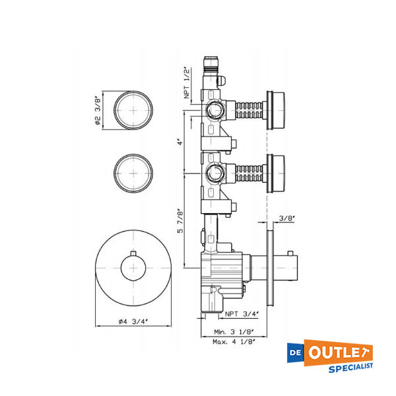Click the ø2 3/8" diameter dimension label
[x=98, y=110]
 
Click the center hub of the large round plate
[x=134, y=271]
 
